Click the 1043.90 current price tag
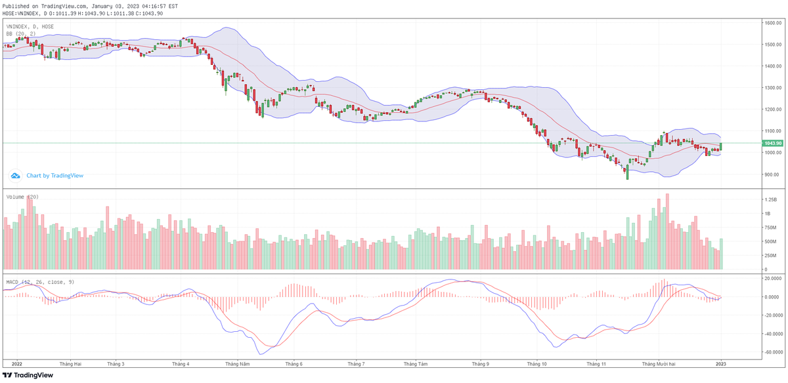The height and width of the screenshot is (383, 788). pos(773,143)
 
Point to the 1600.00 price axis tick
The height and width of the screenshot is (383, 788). pos(772,23)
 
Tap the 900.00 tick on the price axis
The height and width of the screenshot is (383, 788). pos(772,174)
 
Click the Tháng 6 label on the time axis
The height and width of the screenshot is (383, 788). pos(294,363)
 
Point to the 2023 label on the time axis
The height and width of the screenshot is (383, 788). pos(720,363)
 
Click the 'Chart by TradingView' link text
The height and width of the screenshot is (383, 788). pos(55,176)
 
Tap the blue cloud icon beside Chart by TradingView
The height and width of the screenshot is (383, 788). pos(16,176)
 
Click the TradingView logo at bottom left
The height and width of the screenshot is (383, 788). pos(28,375)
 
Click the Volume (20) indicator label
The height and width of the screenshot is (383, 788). pos(22,197)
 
